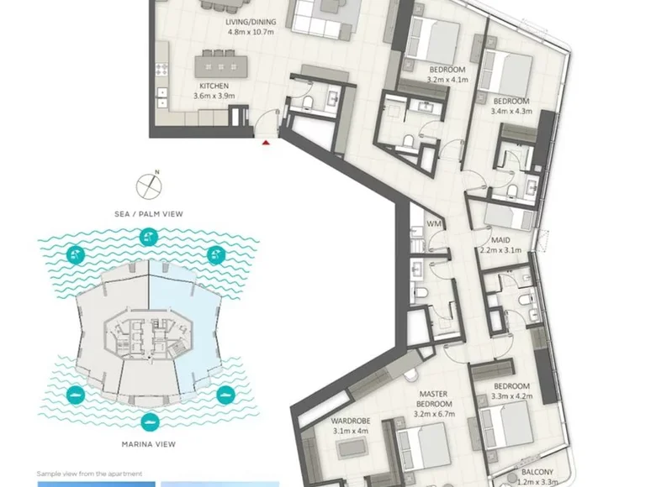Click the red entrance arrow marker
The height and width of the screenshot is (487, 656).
point(266,143)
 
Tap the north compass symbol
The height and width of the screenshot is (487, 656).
point(149,185)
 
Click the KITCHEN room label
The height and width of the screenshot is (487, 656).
point(214,86)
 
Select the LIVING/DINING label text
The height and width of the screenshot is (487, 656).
point(251,22)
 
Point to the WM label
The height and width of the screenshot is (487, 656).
point(434,223)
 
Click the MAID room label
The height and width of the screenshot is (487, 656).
point(500,240)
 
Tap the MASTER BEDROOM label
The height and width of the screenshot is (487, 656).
point(434,399)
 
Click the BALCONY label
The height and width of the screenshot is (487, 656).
point(537,472)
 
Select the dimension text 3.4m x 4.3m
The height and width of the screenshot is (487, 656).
point(511,111)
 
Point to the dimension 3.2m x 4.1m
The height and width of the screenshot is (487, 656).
point(447,80)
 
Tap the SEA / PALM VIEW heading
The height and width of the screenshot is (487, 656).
point(149,214)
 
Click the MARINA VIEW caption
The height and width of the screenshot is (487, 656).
point(149,444)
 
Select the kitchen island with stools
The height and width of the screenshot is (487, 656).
point(220,64)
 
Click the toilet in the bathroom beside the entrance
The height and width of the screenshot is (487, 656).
point(308,102)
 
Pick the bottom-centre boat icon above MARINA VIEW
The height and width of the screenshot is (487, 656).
point(149,422)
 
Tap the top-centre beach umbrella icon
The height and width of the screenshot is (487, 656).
point(149,238)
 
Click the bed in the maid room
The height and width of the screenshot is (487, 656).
point(509,217)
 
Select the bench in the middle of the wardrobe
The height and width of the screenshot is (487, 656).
point(352,448)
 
